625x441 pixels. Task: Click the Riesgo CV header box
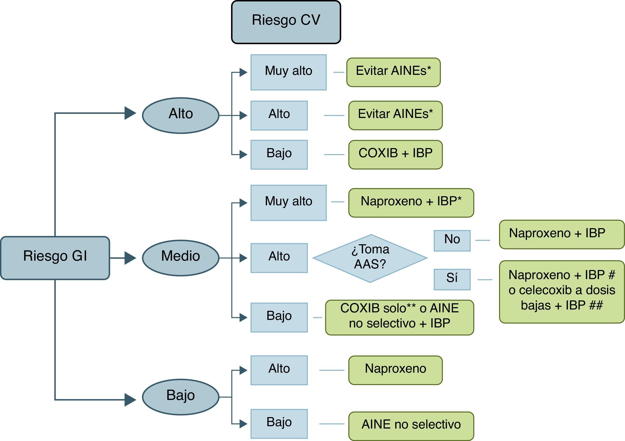click(x=286, y=22)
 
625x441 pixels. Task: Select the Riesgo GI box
click(x=55, y=258)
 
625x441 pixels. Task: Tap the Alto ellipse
click(x=181, y=115)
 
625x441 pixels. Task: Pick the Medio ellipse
click(x=181, y=258)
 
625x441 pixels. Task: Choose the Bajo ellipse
click(x=181, y=397)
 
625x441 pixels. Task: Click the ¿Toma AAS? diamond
click(x=370, y=258)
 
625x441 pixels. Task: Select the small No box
click(x=452, y=241)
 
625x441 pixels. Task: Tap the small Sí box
click(x=452, y=279)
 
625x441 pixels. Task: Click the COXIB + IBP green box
click(x=395, y=154)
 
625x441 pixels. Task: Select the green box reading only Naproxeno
click(x=395, y=370)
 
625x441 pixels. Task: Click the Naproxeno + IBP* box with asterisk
click(x=411, y=202)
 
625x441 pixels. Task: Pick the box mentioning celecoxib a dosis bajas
click(x=562, y=292)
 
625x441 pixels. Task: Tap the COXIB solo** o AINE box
click(x=399, y=317)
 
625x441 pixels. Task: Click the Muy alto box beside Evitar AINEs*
click(x=288, y=72)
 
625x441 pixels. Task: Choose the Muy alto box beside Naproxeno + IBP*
click(x=288, y=202)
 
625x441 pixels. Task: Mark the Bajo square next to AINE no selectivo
click(x=279, y=424)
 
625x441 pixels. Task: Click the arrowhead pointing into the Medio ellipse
click(x=130, y=258)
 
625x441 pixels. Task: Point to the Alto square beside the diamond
click(x=279, y=258)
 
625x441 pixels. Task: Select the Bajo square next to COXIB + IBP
click(x=279, y=154)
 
